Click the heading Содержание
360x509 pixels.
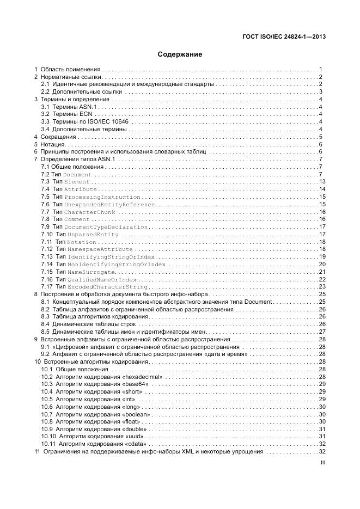click(x=180, y=54)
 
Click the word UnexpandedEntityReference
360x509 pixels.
click(x=109, y=204)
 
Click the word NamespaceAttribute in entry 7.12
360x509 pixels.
click(x=100, y=249)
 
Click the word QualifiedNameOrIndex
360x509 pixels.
click(x=102, y=279)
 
